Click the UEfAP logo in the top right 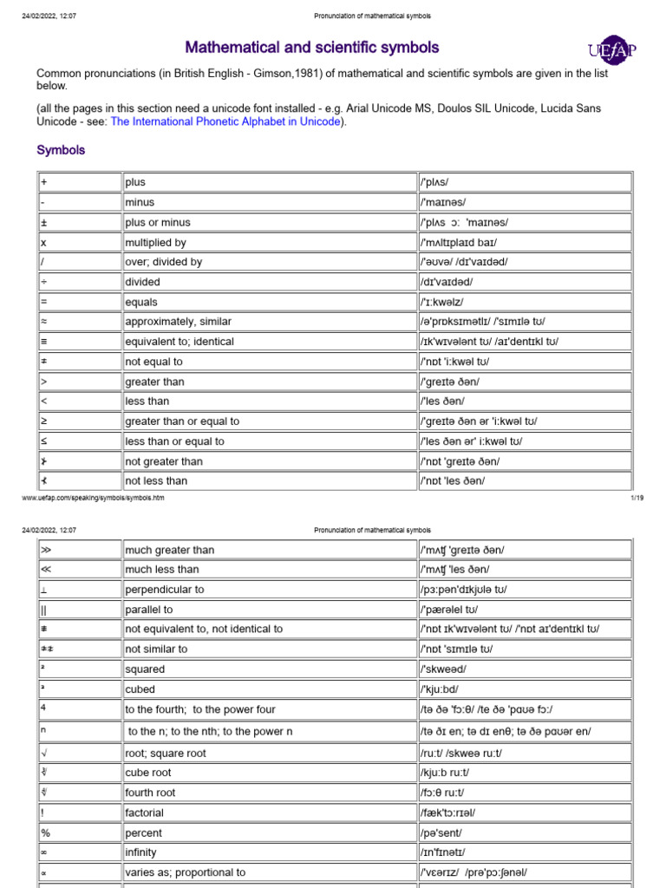click(x=612, y=50)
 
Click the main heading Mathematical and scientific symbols click(x=312, y=48)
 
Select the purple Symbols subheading click(x=61, y=150)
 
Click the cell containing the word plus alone click(x=270, y=182)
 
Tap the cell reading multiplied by click(x=270, y=243)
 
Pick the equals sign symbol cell click(x=78, y=303)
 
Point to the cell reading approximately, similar click(x=270, y=322)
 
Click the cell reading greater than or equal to click(x=270, y=421)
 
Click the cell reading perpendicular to click(x=270, y=590)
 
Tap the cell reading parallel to click(x=270, y=610)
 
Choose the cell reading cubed click(x=270, y=689)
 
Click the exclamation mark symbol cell click(x=78, y=813)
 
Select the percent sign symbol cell click(x=78, y=833)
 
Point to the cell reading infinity click(x=270, y=852)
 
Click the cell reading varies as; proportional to click(x=270, y=872)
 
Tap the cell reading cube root click(x=270, y=773)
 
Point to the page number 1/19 click(x=635, y=499)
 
